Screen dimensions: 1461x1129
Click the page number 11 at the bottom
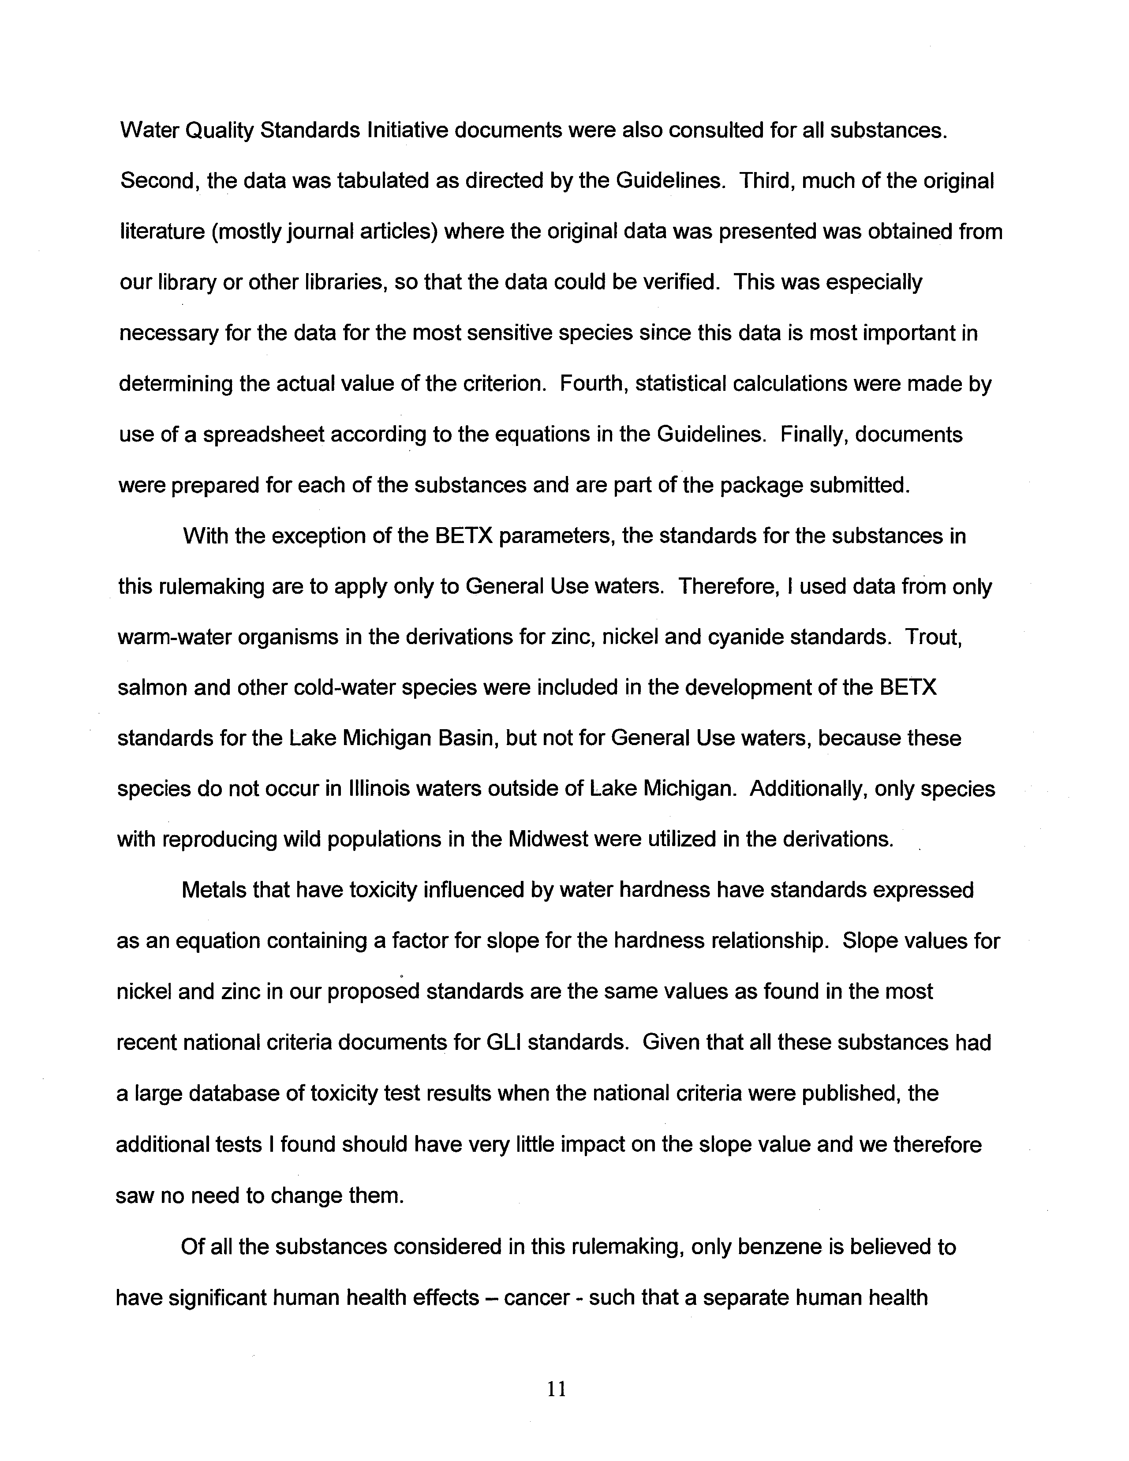(557, 1390)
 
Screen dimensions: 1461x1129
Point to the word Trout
(933, 637)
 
